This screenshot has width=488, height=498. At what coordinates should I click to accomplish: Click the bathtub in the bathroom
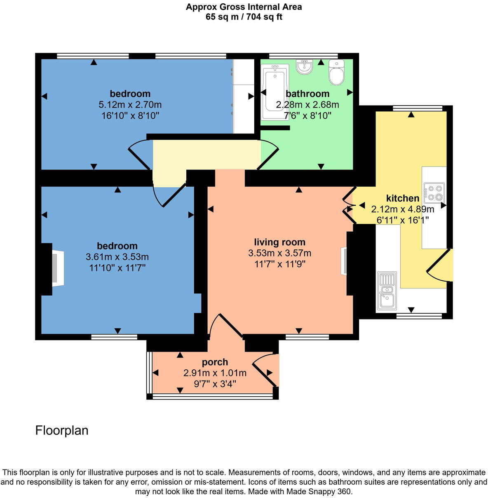[275, 92]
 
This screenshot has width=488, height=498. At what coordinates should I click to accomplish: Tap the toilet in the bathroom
[336, 73]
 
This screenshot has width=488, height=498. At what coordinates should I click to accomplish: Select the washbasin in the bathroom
[305, 67]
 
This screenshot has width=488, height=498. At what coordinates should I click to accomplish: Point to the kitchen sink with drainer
[387, 291]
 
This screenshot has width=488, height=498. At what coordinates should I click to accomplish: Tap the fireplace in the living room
[343, 261]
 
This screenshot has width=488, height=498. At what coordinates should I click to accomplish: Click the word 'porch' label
[215, 362]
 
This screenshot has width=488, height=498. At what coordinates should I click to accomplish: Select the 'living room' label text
[279, 242]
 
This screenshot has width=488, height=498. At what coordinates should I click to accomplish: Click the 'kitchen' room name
[402, 198]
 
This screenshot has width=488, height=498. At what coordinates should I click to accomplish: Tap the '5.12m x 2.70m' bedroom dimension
[130, 105]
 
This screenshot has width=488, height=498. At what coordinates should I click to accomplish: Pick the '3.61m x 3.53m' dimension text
[117, 257]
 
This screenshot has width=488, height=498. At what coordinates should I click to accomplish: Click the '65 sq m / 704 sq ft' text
[244, 17]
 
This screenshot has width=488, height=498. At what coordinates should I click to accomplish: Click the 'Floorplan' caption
[62, 430]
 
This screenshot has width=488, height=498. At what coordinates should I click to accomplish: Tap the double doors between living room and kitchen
[348, 205]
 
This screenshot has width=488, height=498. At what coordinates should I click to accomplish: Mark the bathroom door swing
[269, 155]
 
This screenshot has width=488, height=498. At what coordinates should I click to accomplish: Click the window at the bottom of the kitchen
[419, 316]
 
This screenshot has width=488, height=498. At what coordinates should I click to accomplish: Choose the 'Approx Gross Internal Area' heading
[244, 7]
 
